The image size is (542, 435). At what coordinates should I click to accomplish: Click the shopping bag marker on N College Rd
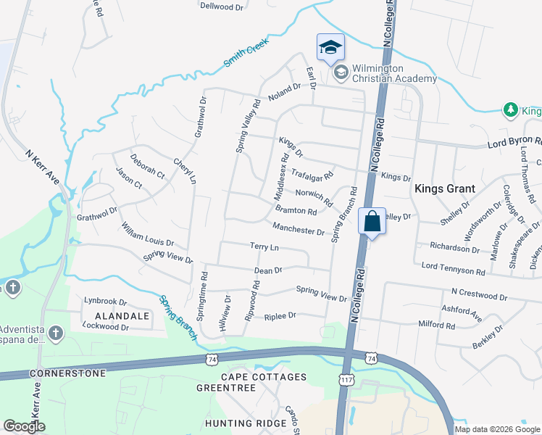[x=372, y=222]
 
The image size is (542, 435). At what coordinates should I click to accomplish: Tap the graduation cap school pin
[x=330, y=48]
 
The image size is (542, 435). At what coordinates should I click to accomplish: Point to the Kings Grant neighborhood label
[x=444, y=188]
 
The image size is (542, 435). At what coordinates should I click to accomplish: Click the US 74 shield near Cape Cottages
[x=212, y=359]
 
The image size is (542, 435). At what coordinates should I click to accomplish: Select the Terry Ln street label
[x=264, y=247]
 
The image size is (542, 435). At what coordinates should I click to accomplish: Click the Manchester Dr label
[x=299, y=230]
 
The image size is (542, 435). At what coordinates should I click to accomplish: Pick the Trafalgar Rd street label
[x=312, y=174]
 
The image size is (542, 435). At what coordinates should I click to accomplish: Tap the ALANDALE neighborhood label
[x=122, y=316]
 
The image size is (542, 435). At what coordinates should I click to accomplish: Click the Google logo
[x=25, y=426]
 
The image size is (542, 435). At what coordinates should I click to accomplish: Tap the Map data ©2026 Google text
[x=497, y=429]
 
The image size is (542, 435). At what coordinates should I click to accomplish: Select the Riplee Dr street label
[x=280, y=316]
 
